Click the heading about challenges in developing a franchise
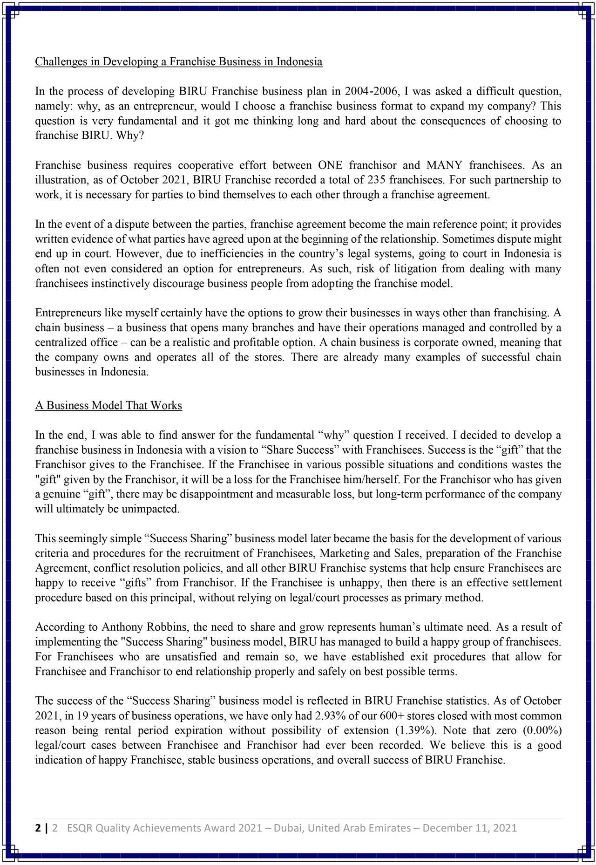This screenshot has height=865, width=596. [x=178, y=61]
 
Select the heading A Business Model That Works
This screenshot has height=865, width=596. [x=108, y=405]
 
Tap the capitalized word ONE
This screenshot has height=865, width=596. [x=330, y=165]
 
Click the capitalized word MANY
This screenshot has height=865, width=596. [x=444, y=165]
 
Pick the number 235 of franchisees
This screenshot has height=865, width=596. [x=376, y=180]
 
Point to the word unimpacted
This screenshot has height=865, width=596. [x=150, y=509]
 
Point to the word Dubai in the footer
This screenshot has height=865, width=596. [x=288, y=828]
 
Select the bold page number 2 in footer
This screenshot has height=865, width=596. [x=38, y=828]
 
